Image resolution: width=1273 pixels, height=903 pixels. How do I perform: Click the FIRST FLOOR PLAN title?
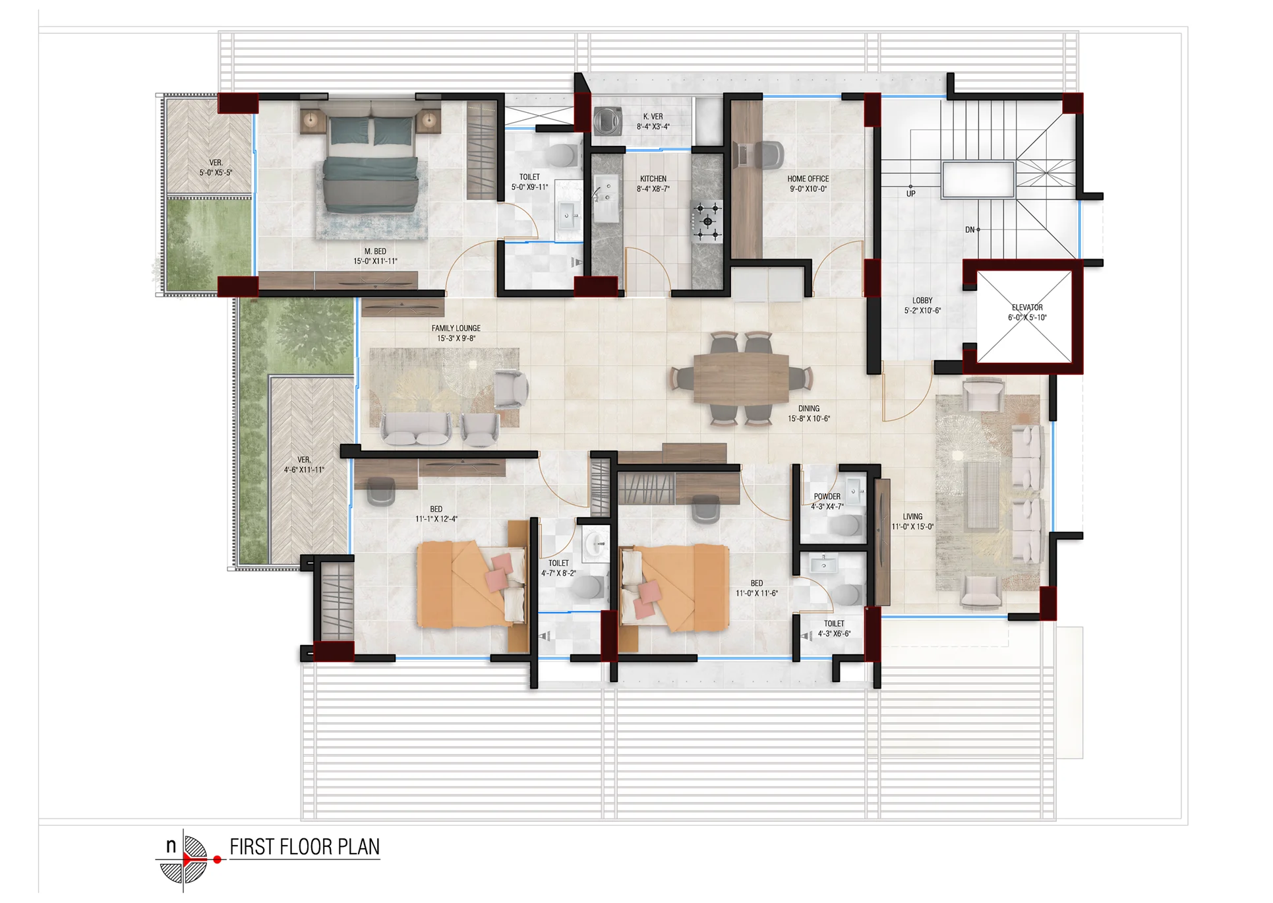(305, 847)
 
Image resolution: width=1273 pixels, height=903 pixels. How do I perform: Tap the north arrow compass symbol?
(185, 859)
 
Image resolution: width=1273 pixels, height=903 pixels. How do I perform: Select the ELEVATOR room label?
(1027, 307)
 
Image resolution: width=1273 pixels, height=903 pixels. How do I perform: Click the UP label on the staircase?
(910, 194)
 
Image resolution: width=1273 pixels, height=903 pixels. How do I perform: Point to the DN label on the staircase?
(970, 230)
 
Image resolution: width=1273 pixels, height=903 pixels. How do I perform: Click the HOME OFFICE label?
(808, 179)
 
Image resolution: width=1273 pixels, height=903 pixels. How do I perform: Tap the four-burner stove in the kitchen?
(707, 220)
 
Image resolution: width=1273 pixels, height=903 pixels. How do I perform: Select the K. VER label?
(653, 117)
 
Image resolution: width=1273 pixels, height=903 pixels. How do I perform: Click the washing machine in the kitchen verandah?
(608, 121)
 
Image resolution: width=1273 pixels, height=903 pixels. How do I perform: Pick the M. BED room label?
(375, 251)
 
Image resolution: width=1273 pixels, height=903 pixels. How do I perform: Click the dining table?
(741, 379)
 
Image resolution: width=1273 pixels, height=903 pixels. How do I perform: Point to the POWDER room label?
(827, 497)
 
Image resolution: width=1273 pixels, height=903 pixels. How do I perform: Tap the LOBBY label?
(922, 301)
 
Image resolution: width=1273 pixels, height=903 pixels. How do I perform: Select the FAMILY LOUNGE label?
(456, 328)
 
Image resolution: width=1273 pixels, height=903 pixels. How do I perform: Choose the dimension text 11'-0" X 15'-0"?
(913, 527)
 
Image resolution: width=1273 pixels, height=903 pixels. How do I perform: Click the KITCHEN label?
(653, 179)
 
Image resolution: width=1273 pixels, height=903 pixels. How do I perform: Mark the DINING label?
(809, 409)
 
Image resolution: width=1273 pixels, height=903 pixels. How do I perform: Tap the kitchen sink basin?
(606, 199)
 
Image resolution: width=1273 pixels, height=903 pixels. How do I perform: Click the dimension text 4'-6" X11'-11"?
(304, 470)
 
